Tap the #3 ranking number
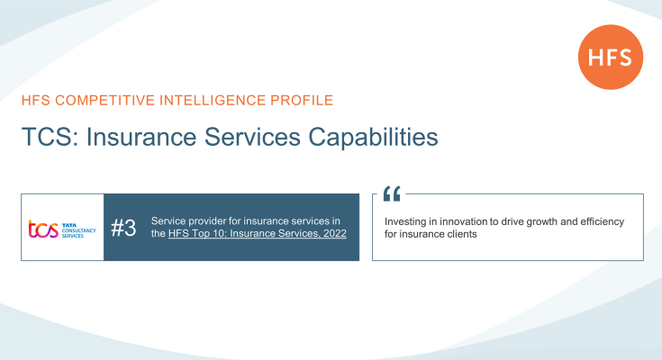(x=123, y=228)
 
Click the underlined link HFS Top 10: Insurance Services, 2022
(x=257, y=234)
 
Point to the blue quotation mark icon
(x=392, y=193)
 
